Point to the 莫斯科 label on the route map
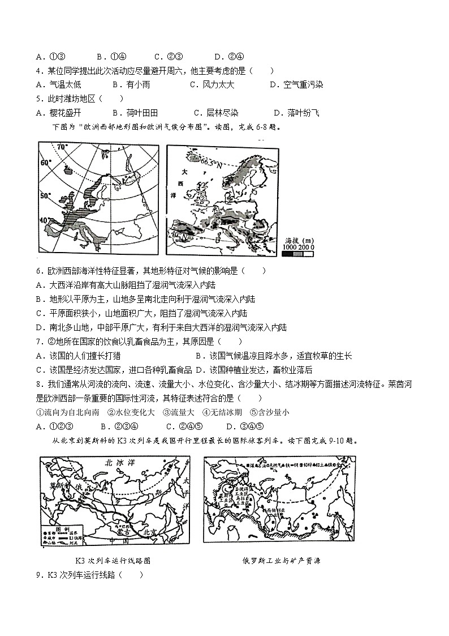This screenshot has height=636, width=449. pyautogui.click(x=58, y=485)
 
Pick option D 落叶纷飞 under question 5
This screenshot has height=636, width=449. pyautogui.click(x=296, y=113)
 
